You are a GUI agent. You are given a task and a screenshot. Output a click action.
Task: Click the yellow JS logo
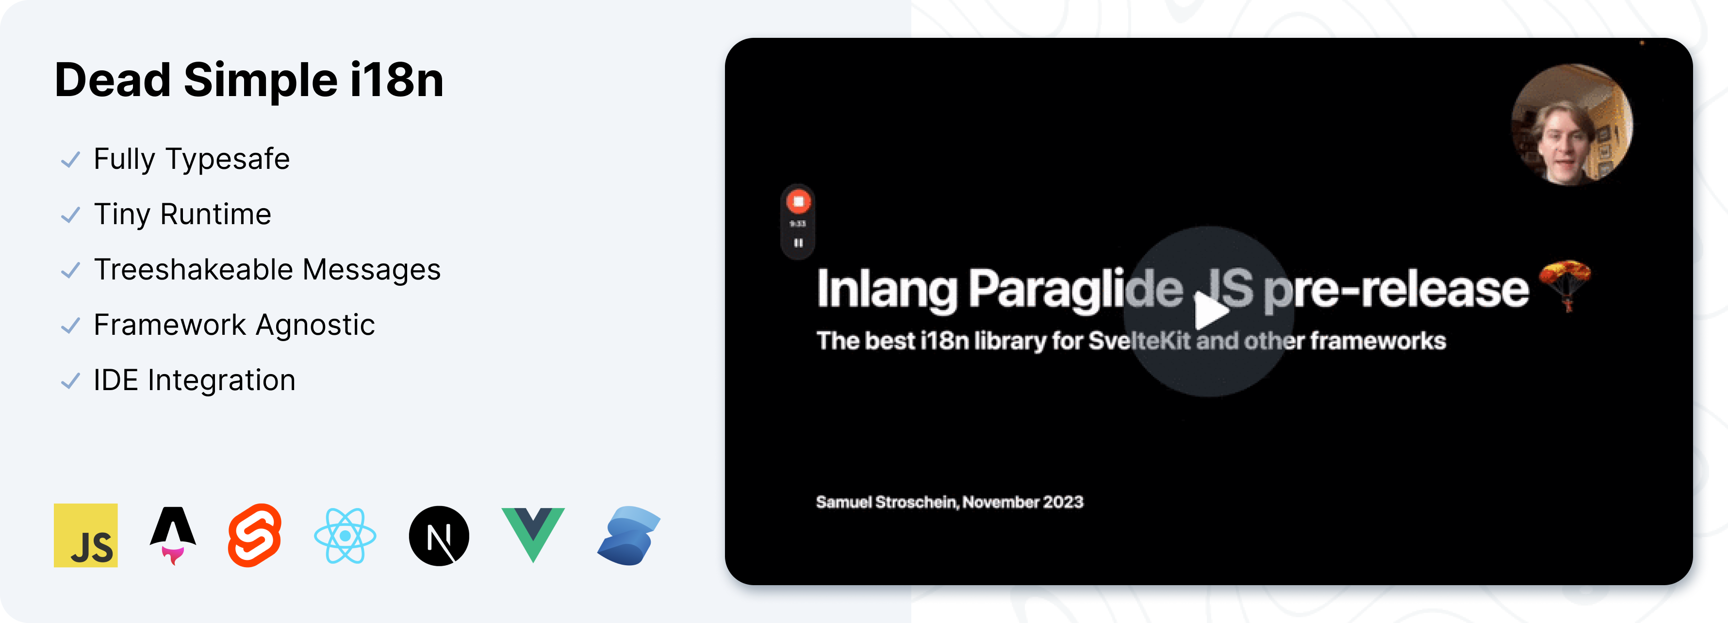(86, 535)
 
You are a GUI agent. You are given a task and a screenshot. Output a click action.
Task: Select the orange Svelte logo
(255, 535)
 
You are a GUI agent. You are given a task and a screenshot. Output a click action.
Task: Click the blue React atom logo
(345, 535)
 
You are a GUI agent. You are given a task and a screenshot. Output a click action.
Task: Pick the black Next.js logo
(439, 536)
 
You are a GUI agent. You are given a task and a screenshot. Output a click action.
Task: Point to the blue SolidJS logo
(628, 536)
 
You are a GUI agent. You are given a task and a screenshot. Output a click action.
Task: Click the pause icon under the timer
(798, 243)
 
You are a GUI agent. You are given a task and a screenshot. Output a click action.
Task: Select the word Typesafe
(228, 160)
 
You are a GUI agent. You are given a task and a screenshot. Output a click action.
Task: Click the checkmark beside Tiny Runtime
(70, 215)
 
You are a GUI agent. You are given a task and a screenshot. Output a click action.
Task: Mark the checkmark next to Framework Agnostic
(70, 326)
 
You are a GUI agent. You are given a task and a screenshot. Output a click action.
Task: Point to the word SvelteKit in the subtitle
(1139, 341)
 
